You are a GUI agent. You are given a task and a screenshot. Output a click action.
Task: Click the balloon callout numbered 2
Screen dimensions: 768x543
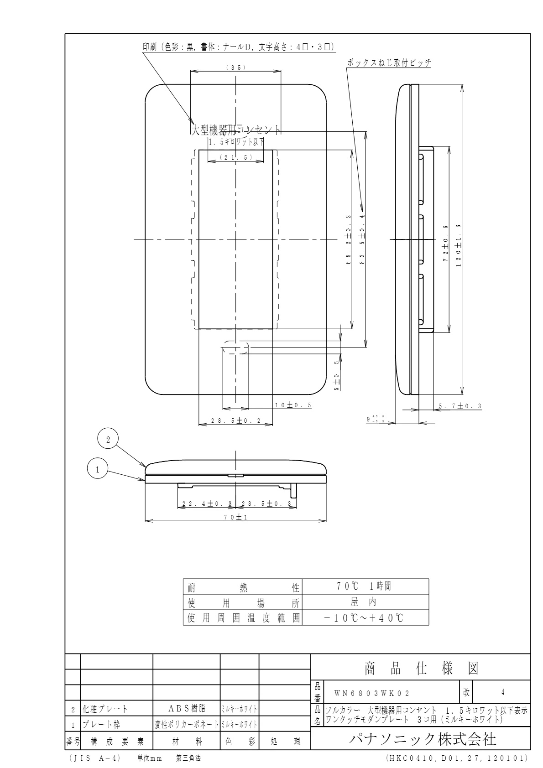coord(108,440)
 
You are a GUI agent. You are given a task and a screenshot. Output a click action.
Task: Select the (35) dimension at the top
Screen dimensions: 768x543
coord(236,67)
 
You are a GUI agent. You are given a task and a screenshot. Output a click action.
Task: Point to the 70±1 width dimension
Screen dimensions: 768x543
coord(236,517)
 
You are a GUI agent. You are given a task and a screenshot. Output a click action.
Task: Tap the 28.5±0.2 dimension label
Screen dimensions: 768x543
coord(235,421)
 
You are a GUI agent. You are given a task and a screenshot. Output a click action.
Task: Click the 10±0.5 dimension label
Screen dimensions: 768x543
coord(293,405)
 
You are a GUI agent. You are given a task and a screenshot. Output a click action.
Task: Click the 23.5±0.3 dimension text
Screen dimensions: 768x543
coord(266,503)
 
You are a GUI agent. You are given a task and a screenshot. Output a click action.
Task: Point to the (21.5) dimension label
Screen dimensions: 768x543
coord(236,157)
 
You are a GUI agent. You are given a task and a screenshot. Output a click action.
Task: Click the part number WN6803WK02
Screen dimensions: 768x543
coord(372,693)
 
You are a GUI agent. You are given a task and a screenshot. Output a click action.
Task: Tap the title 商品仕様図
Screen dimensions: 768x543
coord(421,669)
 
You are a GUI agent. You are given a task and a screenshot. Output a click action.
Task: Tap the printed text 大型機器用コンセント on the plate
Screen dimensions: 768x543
coord(235,130)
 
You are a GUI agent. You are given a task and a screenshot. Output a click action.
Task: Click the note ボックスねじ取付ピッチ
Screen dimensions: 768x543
coord(389,63)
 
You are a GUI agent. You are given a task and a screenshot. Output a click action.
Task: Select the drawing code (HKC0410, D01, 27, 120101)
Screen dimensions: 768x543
coord(456,758)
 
